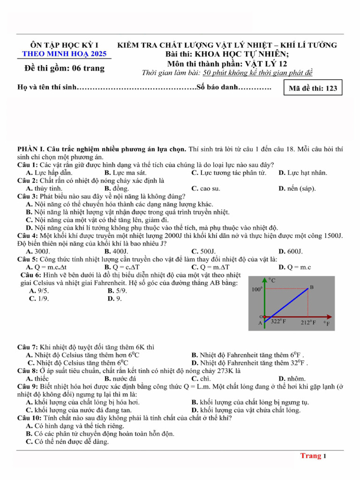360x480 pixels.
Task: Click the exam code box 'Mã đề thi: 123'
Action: tap(313, 88)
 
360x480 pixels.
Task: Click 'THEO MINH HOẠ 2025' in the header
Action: tap(64, 54)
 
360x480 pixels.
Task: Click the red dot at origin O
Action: tap(265, 317)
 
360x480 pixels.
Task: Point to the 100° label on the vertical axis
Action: tap(257, 290)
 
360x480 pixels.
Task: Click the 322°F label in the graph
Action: tap(278, 322)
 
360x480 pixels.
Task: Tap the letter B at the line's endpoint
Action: tap(311, 287)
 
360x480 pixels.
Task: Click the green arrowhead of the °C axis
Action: tap(265, 280)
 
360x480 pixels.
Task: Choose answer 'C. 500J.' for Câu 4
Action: tap(204, 251)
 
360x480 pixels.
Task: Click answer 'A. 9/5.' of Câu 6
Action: tap(39, 291)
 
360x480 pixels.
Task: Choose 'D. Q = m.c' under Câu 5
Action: tap(294, 267)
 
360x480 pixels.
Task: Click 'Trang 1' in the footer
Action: tap(313, 456)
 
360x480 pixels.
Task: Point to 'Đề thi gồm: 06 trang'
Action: tap(65, 69)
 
